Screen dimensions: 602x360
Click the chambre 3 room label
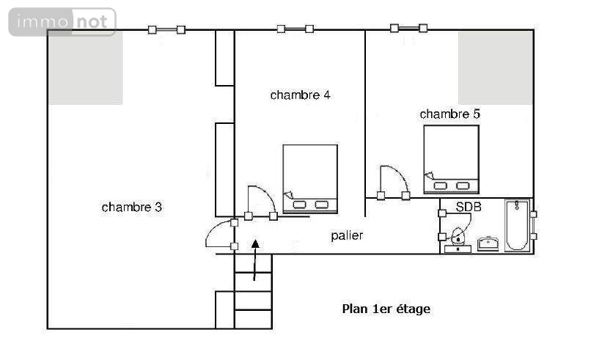click(x=132, y=207)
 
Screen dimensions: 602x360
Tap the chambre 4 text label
click(x=300, y=95)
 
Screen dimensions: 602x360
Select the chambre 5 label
click(x=450, y=114)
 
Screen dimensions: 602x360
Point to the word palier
click(x=347, y=235)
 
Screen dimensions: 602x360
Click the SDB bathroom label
click(x=469, y=207)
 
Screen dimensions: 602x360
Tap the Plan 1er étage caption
click(x=386, y=309)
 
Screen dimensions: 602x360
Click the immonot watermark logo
click(x=62, y=22)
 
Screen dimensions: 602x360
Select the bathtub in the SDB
click(x=517, y=225)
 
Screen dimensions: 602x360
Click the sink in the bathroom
click(x=488, y=243)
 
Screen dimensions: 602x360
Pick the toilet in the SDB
click(x=458, y=241)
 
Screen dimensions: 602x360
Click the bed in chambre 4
click(x=310, y=179)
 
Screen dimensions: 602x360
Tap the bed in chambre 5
click(x=451, y=159)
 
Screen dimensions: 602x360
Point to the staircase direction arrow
click(x=255, y=260)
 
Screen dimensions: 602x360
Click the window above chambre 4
click(x=296, y=29)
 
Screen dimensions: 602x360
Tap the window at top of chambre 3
click(x=166, y=29)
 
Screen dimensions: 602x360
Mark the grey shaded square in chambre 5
click(x=495, y=68)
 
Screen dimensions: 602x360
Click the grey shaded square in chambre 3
click(x=86, y=68)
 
